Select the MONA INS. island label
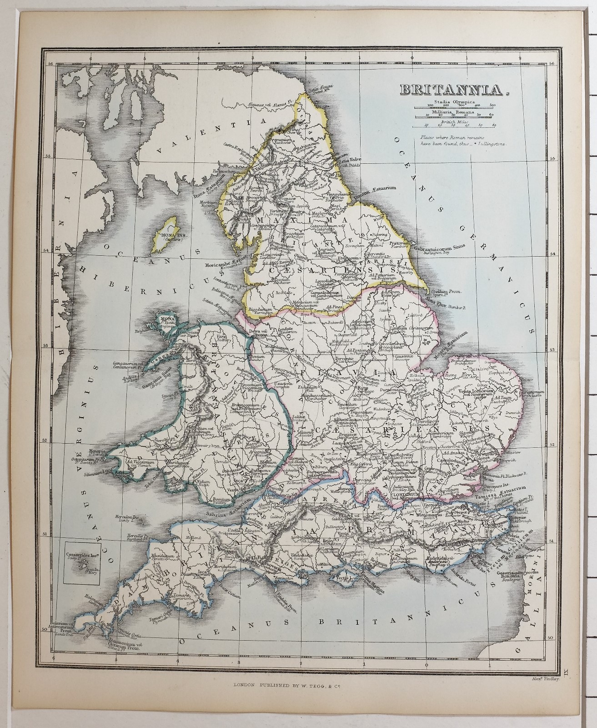[x=161, y=235]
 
